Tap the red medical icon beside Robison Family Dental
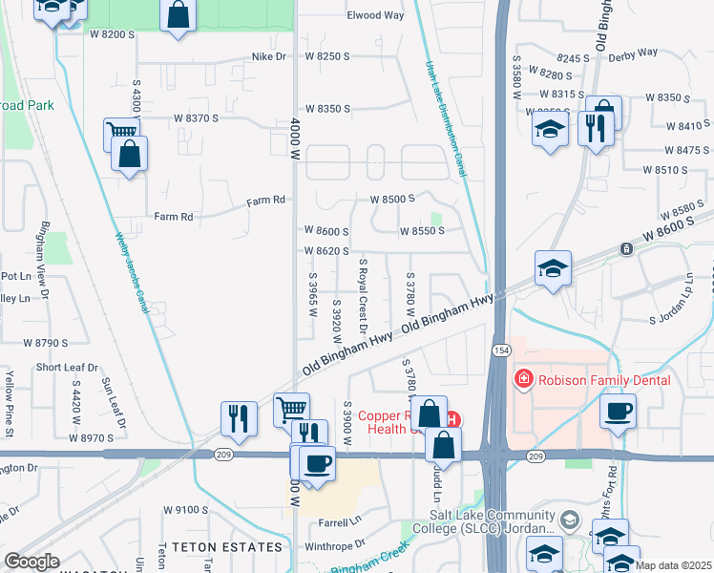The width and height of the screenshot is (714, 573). (x=522, y=380)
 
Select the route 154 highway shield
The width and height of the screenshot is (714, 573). (x=500, y=350)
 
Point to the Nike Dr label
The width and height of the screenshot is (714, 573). (x=268, y=57)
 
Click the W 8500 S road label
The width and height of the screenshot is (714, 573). (x=392, y=199)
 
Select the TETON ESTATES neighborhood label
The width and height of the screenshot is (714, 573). (x=220, y=547)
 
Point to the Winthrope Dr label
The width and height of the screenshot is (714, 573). (x=333, y=544)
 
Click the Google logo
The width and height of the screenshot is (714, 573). (x=31, y=562)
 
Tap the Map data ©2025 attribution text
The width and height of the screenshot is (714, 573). (x=674, y=565)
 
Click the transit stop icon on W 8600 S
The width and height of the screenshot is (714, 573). (x=626, y=249)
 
